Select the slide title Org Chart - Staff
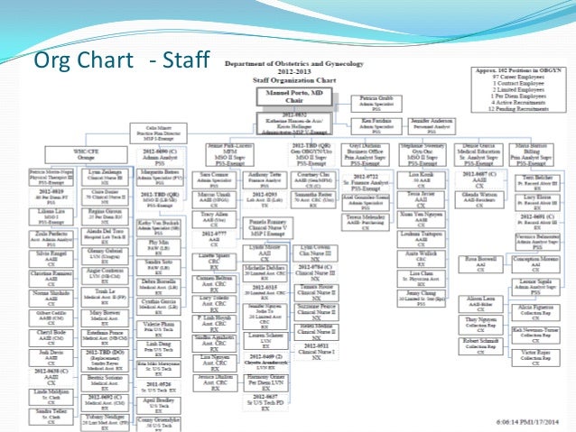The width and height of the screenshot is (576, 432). (120, 60)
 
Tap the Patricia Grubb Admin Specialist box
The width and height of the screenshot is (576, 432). (376, 99)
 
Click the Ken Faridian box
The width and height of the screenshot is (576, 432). (376, 122)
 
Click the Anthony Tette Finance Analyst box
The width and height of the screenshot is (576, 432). (265, 177)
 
